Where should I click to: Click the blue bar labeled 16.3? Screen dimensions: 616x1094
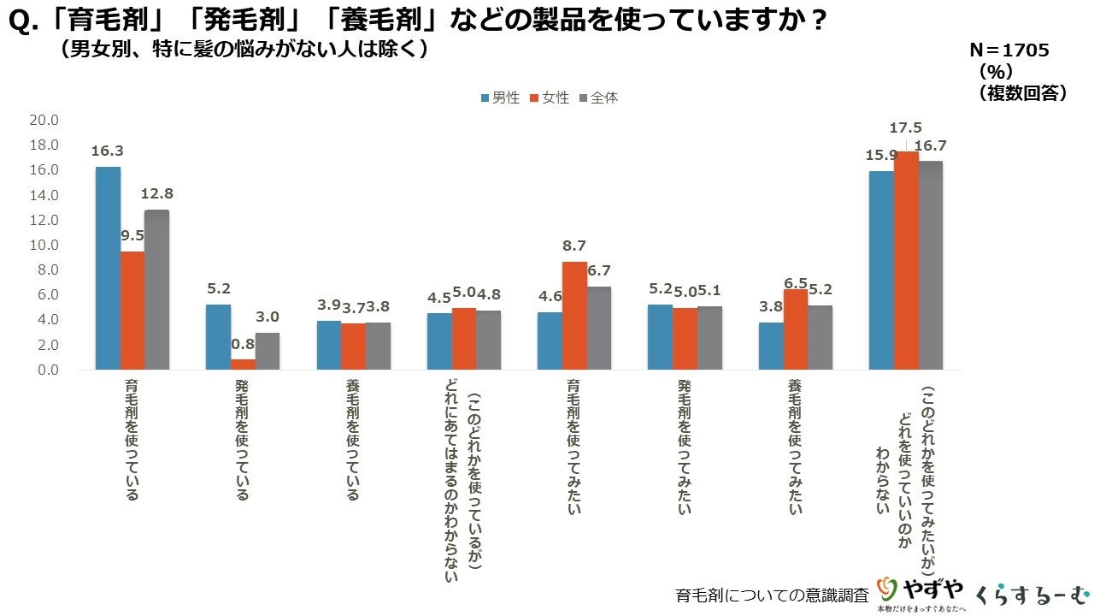(108, 269)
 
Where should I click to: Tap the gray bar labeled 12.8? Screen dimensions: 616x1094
(156, 290)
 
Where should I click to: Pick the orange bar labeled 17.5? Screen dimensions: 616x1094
(906, 261)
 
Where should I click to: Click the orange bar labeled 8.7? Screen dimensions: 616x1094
(574, 316)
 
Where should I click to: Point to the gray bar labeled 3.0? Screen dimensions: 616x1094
(268, 351)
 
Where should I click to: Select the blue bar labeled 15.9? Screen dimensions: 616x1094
(881, 270)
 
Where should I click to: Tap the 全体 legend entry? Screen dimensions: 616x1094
(598, 98)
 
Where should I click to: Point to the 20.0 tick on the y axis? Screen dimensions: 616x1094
(44, 121)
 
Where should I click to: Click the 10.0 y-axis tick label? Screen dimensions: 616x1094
(44, 246)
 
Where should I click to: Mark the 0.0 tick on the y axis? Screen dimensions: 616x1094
(47, 370)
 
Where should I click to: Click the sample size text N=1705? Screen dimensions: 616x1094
(1009, 50)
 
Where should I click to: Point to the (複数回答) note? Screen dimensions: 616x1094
(1022, 93)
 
